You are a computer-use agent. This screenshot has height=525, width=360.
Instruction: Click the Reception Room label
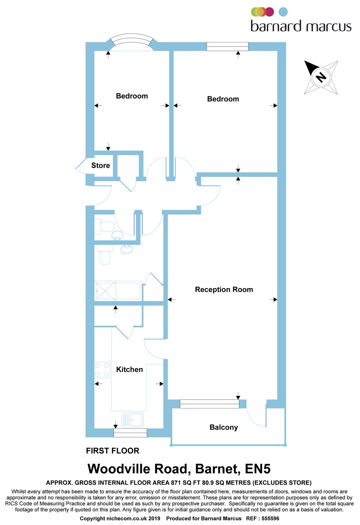coord(224,290)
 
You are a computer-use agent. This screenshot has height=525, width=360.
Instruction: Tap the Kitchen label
coord(129,369)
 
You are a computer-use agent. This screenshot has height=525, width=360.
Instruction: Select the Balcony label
coord(224,427)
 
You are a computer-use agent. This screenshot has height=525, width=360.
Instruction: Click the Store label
coord(101,165)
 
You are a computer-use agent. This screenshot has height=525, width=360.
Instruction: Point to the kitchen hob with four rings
coord(102,370)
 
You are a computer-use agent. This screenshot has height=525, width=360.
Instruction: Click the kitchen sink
coord(132,420)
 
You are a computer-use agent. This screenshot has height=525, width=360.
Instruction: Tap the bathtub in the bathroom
coord(118,291)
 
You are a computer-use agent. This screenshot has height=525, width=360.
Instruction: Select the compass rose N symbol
coord(321,77)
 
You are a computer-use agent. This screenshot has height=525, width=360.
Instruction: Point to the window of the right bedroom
coord(227,46)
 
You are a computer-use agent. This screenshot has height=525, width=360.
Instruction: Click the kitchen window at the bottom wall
coord(130,433)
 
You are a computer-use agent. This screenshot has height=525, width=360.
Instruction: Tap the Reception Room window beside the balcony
coord(209,404)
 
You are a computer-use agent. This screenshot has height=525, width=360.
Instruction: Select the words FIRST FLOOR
coord(112,451)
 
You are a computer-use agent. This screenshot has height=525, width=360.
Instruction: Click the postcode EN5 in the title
coord(258,469)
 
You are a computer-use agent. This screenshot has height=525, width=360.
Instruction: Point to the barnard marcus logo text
coord(301,26)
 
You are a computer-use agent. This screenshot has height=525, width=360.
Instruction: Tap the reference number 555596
coord(270,519)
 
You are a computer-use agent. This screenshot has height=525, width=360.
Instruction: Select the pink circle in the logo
coord(270,12)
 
